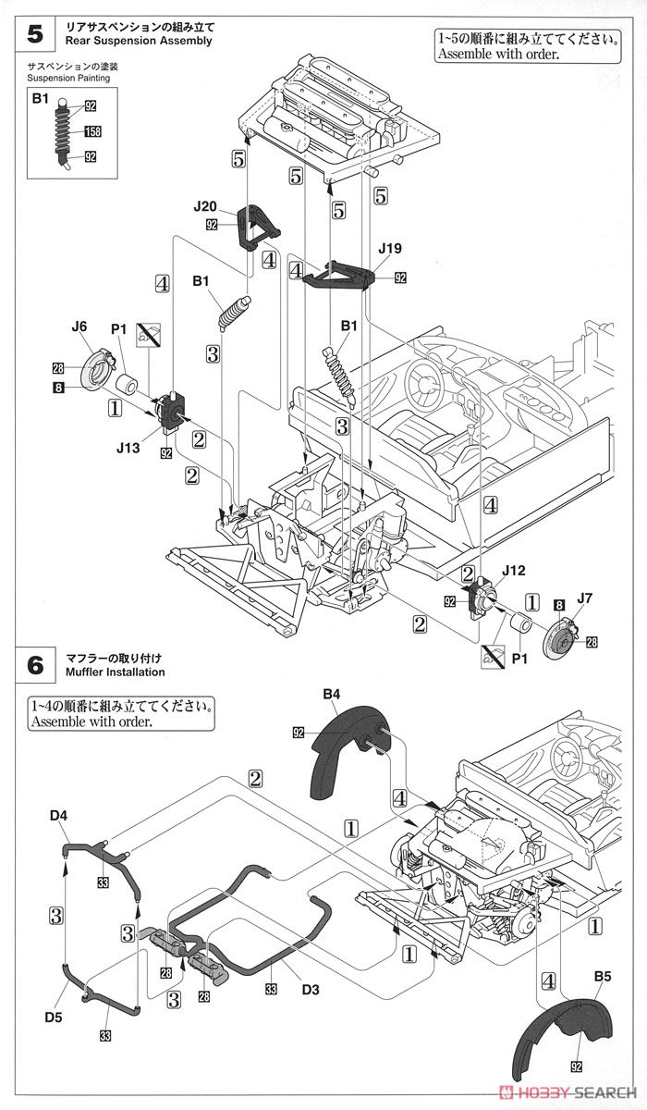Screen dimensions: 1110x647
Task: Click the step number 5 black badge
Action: click(35, 34)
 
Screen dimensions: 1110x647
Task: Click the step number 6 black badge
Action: click(35, 665)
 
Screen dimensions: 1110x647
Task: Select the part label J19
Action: click(390, 249)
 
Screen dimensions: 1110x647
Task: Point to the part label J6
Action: click(79, 327)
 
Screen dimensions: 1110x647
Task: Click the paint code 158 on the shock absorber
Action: click(92, 131)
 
